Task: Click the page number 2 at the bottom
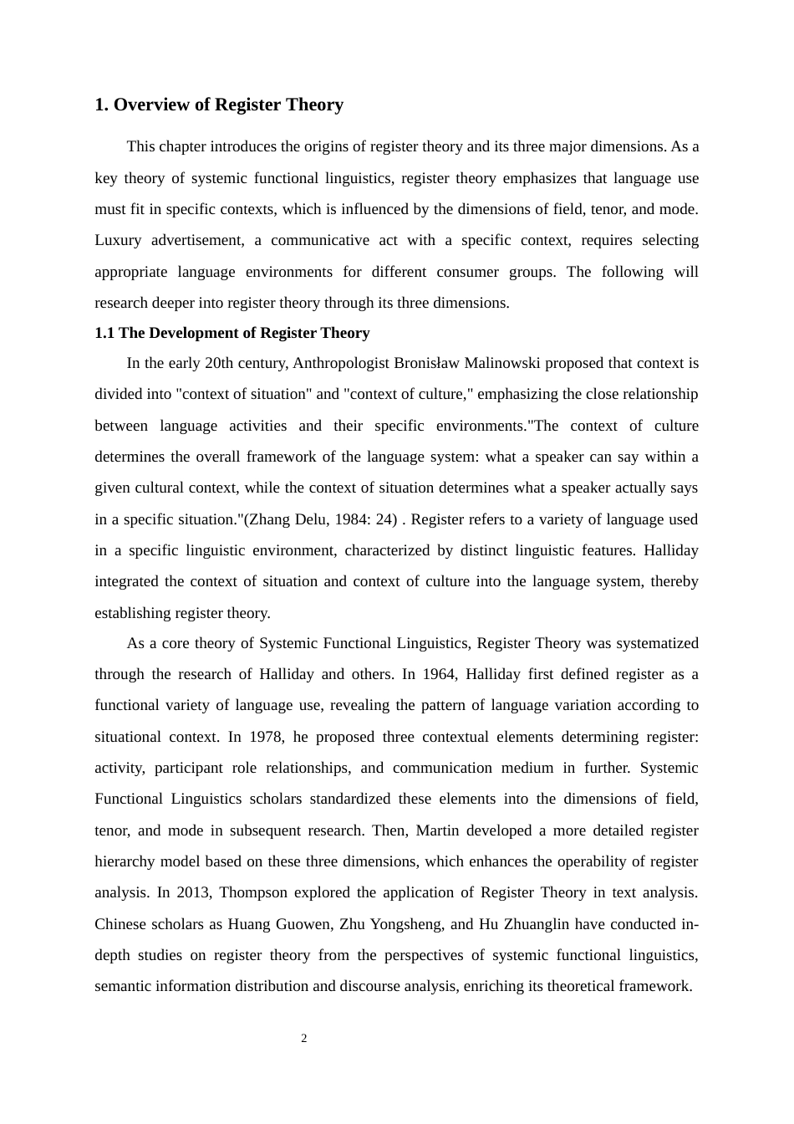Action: click(x=304, y=1039)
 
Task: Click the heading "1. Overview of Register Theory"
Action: click(x=219, y=105)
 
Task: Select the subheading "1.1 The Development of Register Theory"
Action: click(x=232, y=333)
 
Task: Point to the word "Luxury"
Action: click(x=118, y=241)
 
